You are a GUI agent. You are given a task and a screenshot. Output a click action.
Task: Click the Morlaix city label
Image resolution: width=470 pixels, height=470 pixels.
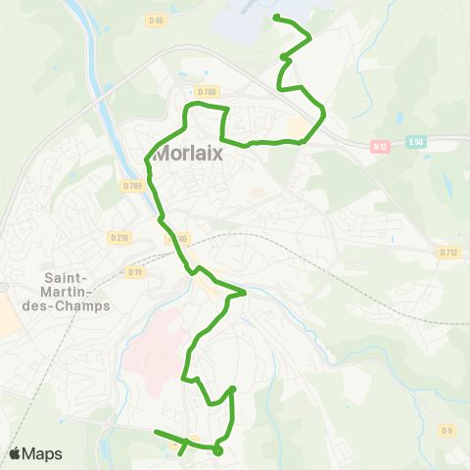point(189,154)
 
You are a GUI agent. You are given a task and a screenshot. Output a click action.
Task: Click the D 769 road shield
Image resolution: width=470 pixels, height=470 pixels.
point(134,185)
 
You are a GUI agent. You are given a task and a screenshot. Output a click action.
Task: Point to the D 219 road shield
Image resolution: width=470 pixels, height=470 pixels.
point(119,237)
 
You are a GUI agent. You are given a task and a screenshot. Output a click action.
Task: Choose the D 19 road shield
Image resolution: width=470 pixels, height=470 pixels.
point(134,271)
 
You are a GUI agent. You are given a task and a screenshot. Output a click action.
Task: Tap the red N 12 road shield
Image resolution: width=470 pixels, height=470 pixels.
point(381,147)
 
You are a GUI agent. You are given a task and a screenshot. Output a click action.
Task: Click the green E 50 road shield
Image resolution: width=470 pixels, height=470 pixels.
point(418,141)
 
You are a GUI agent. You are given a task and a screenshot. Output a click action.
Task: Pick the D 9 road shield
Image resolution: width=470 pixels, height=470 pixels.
point(447,429)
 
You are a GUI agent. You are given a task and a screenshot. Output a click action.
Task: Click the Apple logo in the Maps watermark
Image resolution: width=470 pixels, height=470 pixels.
point(16,453)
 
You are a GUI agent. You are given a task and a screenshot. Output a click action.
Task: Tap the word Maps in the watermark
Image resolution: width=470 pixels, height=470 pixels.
point(42,454)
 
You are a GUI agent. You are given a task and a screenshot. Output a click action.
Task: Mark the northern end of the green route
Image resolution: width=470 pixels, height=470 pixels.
point(274,17)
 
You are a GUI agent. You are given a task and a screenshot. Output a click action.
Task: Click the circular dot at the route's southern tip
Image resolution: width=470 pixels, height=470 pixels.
point(217,451)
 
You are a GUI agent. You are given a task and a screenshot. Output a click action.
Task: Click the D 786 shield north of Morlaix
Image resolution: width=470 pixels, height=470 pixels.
point(207,91)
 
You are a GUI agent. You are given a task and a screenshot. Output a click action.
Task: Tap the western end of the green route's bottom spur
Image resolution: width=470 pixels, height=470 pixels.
point(156,431)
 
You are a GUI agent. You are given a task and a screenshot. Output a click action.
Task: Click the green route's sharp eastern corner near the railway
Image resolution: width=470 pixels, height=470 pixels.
point(244,291)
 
